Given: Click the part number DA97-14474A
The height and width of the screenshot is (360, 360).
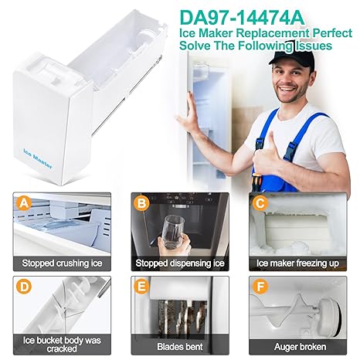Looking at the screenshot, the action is [x=242, y=18].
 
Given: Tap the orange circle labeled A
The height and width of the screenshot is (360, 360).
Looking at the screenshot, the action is [x=24, y=203].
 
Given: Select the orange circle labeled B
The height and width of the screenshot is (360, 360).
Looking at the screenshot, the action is [x=141, y=203].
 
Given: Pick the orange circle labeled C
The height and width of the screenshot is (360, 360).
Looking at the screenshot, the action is [x=260, y=203].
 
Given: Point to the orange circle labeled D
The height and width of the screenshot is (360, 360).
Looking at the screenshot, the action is [x=24, y=287].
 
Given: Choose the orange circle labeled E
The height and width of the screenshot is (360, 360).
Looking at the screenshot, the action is [x=141, y=287].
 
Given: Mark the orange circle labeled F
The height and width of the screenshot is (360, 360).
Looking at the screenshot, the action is [x=260, y=287].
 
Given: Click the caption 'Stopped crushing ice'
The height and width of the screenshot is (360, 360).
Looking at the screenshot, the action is [x=62, y=263].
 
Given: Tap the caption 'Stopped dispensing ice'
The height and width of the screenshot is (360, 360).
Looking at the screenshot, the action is [x=180, y=263].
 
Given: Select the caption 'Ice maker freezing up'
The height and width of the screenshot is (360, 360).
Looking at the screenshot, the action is [x=297, y=263].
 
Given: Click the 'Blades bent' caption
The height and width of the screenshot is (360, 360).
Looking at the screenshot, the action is [x=180, y=347].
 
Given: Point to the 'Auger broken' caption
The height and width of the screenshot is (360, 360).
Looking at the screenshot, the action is [x=300, y=347].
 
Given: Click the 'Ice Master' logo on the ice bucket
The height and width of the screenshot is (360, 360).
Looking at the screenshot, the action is [x=38, y=159].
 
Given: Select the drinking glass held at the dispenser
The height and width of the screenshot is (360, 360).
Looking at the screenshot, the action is [x=174, y=233].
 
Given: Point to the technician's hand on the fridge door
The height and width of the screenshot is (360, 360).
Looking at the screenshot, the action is [x=188, y=114].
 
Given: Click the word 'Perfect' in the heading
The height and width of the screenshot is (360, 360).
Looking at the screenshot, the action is [x=332, y=33].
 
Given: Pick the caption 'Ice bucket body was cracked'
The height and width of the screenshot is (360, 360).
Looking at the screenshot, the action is [x=62, y=345].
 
